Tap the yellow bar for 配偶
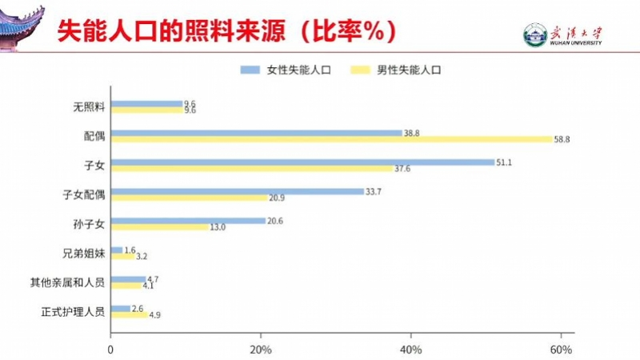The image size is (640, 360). pos(331,139)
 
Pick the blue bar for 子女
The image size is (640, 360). pos(302,162)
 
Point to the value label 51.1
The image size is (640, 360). pos(504,162)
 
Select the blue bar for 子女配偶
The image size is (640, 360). pos(237,191)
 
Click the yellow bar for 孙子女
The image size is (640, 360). pos(158,227)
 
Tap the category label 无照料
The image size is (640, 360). pos(89,107)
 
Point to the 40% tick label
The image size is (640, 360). pos(410,350)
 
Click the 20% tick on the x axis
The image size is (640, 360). pos(260,350)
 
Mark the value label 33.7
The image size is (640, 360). pos(374,192)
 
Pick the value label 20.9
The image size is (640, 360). pos(278,198)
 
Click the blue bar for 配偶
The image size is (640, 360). pos(256,133)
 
